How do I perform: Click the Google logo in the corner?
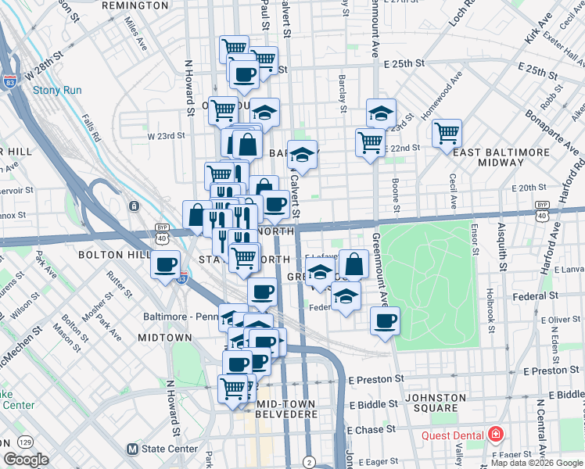27,460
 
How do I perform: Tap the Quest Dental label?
453,435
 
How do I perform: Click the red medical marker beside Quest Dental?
495,434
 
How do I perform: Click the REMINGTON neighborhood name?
135,5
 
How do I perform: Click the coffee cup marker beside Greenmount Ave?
384,320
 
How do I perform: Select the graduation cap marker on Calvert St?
303,154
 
